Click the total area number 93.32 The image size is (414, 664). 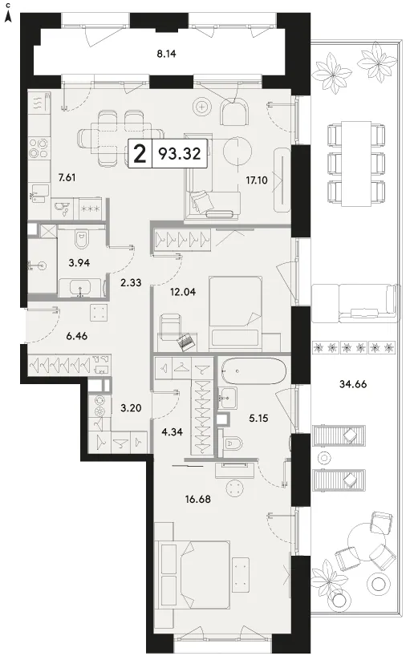point(179,153)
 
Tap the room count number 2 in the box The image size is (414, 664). point(140,154)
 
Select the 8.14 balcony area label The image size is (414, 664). point(166,54)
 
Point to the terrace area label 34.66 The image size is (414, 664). point(353,384)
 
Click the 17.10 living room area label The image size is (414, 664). point(257,180)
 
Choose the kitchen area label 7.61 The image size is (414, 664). point(67,177)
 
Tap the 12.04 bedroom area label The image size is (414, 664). point(183,291)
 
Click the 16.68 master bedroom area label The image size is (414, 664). point(198,499)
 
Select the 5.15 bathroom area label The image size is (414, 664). point(258,419)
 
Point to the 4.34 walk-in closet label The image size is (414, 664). point(172,432)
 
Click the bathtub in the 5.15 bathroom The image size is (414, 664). point(254,371)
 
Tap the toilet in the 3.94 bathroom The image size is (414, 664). point(80,238)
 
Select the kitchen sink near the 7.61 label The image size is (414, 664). point(39,193)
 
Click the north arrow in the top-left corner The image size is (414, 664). point(8,16)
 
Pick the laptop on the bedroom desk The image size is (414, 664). point(185,342)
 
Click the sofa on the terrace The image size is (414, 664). point(355,303)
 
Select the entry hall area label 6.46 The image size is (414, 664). point(77,336)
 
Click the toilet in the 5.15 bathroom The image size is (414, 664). point(233,443)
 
